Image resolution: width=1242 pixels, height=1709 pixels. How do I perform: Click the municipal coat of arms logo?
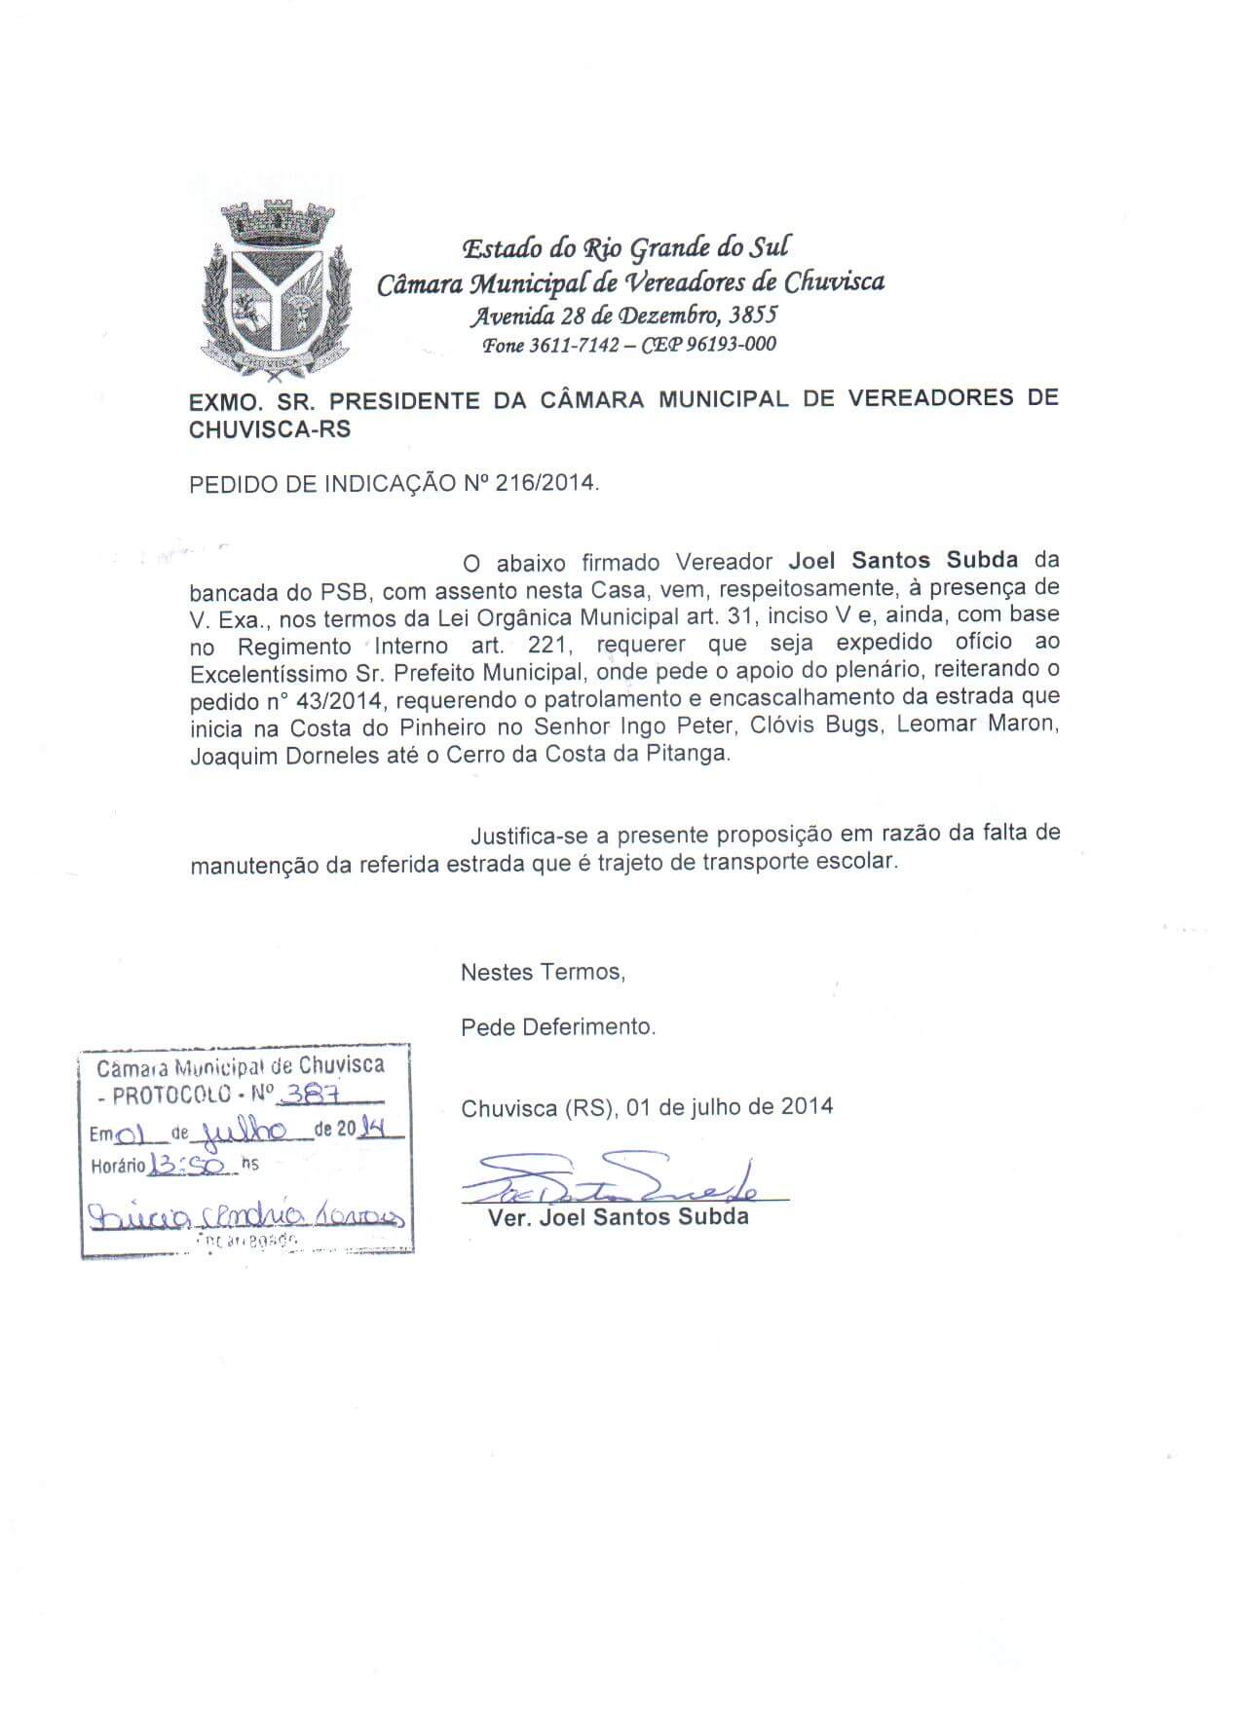pos(272,286)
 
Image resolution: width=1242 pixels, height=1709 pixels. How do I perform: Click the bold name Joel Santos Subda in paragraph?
pos(903,560)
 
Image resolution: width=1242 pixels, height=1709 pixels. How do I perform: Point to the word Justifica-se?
pos(529,836)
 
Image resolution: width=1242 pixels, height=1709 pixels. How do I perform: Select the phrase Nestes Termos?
pos(542,972)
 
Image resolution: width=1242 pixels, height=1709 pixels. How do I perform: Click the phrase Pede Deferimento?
pos(558,1026)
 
